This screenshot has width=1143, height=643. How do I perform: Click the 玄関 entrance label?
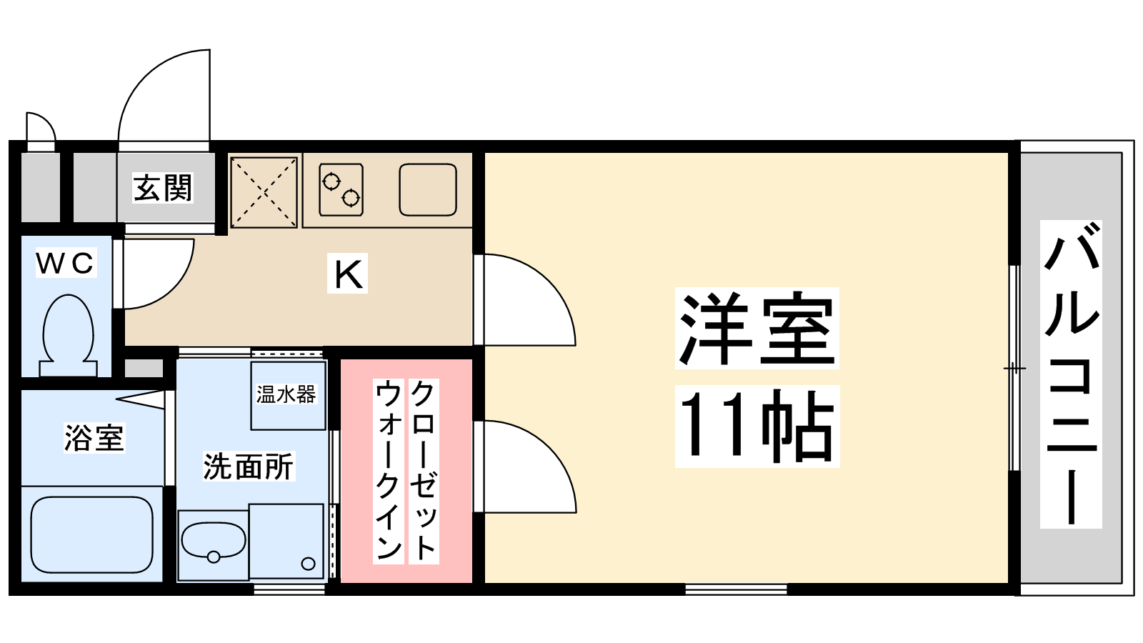tap(163, 188)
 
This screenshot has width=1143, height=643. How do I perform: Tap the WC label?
tap(66, 264)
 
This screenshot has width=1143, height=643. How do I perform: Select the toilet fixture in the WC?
tap(69, 335)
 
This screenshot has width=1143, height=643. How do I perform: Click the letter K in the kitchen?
tap(347, 275)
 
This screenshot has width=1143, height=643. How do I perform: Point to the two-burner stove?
tap(341, 190)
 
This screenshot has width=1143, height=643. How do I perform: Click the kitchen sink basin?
tap(428, 189)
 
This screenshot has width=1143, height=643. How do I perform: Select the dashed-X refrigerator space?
tap(264, 192)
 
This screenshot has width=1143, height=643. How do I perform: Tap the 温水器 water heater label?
tap(286, 394)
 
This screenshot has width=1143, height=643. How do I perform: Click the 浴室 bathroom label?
tap(94, 438)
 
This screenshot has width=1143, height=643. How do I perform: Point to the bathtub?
tap(92, 534)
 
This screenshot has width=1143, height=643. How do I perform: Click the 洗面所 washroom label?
tap(249, 466)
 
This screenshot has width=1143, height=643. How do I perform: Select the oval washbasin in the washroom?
tap(214, 542)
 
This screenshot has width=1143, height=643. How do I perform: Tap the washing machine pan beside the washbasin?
tap(286, 542)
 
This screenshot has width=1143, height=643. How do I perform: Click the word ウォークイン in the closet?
tap(389, 471)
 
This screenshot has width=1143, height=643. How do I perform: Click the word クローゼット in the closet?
tap(423, 471)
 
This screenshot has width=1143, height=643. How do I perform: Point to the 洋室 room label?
tap(757, 328)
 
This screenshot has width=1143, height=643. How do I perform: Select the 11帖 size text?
tap(757, 426)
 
